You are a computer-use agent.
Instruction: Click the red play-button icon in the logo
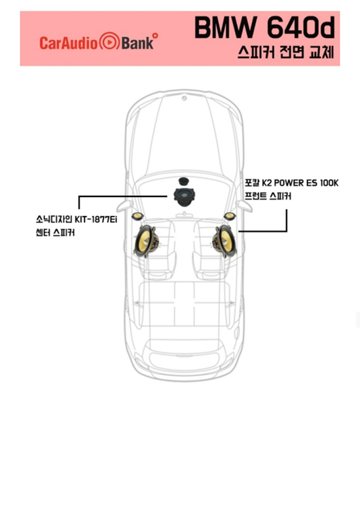(x=109, y=42)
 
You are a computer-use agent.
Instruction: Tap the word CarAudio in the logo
(x=69, y=43)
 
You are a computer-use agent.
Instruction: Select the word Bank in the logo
(x=137, y=43)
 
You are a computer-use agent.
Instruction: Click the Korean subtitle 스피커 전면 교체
(x=286, y=52)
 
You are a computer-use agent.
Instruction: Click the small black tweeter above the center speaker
(x=183, y=181)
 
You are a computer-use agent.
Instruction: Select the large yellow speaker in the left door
(x=146, y=241)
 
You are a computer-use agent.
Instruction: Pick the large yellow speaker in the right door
(x=224, y=241)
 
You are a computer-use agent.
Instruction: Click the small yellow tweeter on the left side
(x=137, y=216)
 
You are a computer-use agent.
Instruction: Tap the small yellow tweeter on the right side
(x=230, y=216)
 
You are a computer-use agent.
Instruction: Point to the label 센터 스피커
(x=55, y=232)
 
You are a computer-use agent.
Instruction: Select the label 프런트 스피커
(x=268, y=196)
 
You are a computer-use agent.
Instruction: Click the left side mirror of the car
(x=124, y=205)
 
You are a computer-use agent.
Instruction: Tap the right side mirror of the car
(x=244, y=205)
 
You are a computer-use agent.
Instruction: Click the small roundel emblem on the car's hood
(x=184, y=98)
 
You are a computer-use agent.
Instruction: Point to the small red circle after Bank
(x=155, y=35)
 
